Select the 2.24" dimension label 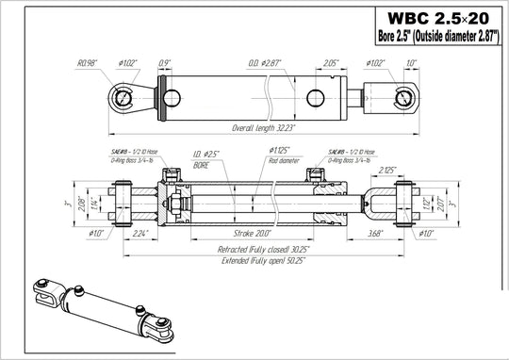141,230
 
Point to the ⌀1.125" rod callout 281,151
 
